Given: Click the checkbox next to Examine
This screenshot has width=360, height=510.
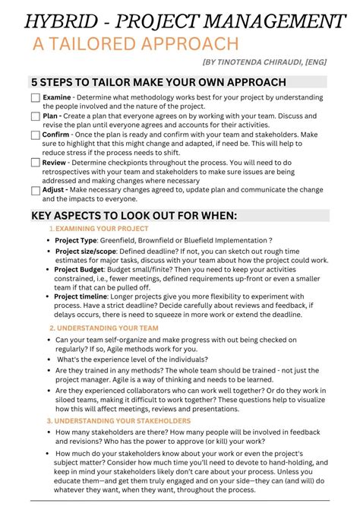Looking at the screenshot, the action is [x=36, y=98].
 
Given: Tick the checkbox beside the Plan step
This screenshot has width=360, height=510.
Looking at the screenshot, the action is [x=36, y=116].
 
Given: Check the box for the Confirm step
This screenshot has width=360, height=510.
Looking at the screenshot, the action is [x=36, y=135].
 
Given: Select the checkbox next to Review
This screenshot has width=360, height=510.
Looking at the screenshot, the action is [x=36, y=163].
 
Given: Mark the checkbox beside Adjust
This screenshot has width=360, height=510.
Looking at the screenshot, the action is [x=36, y=190].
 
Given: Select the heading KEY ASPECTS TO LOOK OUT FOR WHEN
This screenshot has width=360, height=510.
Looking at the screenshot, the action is [x=134, y=215].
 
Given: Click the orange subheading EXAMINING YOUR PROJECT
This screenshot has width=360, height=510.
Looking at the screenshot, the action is [x=102, y=229].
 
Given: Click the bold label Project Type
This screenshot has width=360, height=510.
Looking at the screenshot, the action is [x=76, y=241].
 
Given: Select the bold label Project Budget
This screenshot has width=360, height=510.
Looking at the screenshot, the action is [x=79, y=269].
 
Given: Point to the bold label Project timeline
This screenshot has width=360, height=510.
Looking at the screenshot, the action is [x=81, y=296].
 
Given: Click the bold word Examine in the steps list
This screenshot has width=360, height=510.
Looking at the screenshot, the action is [x=56, y=98].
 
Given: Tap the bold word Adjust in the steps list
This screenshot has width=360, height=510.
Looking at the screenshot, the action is [x=54, y=190].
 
